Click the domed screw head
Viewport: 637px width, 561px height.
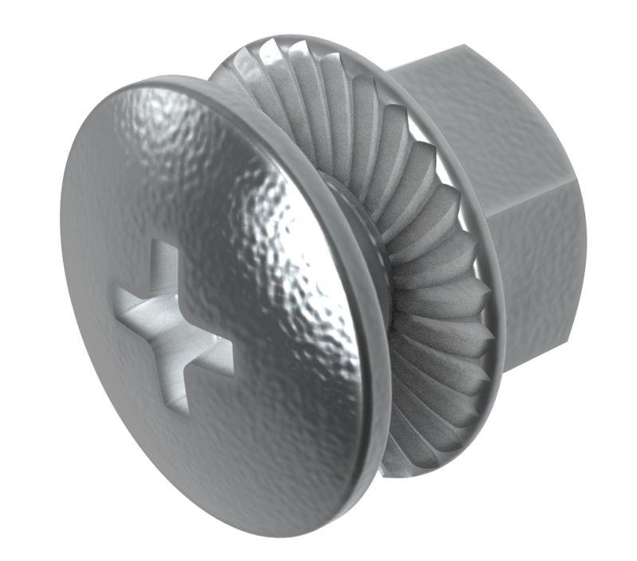click(x=239, y=199)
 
